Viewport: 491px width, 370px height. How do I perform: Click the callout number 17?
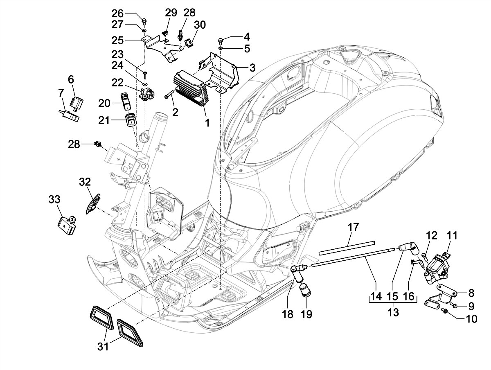click(x=353, y=227)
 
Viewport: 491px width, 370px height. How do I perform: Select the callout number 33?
click(x=54, y=200)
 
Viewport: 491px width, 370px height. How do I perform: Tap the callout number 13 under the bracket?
click(x=393, y=313)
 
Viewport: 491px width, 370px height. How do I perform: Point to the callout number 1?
click(x=207, y=123)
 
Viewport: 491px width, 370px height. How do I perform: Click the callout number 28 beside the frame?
click(x=74, y=144)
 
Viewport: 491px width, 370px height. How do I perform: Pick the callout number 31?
click(x=103, y=347)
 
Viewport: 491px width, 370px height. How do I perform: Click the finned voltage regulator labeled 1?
click(x=189, y=87)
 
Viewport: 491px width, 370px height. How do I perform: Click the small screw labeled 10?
click(x=446, y=312)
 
